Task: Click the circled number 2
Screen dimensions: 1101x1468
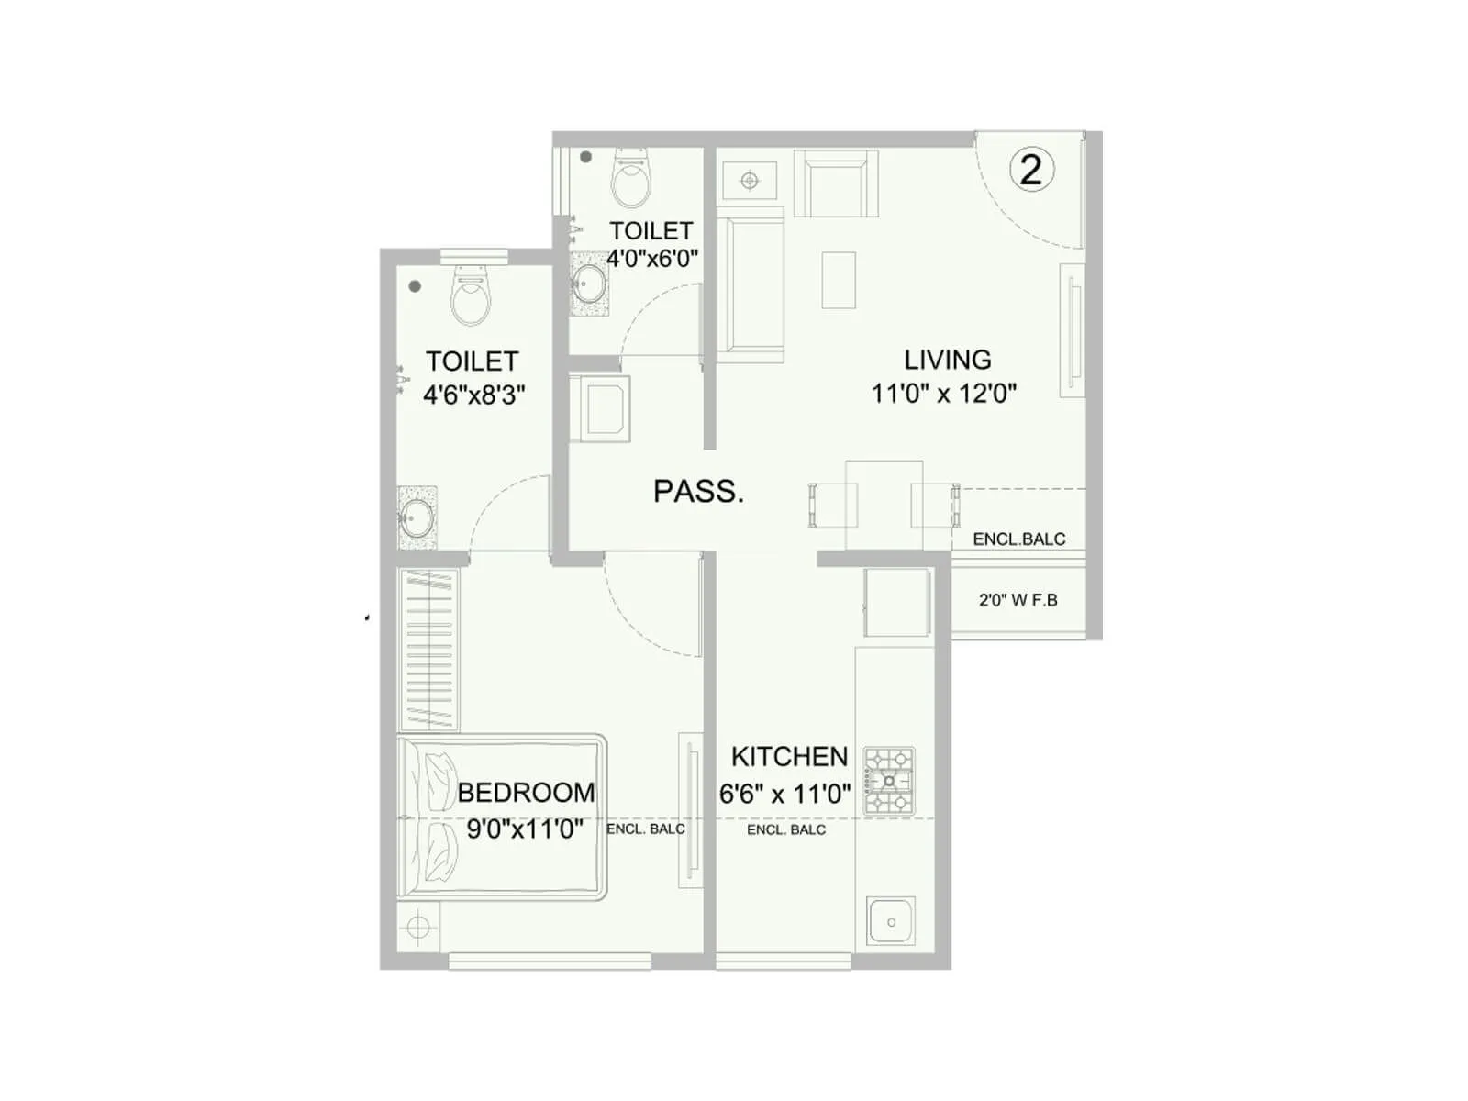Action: pos(1031,170)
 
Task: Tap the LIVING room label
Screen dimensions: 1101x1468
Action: pos(947,360)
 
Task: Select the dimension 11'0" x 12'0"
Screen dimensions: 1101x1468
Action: pos(943,394)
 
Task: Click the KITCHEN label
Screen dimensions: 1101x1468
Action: pos(789,757)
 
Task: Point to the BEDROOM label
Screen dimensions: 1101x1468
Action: pos(526,792)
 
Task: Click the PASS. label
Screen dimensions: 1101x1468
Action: pos(698,492)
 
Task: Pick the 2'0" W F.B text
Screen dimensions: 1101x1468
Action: pos(1018,600)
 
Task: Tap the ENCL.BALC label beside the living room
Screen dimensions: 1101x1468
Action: pos(1018,539)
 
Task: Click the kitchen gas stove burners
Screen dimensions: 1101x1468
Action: pos(889,781)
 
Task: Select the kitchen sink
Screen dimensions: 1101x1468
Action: pos(890,922)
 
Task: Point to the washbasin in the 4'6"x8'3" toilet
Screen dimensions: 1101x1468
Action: pos(417,519)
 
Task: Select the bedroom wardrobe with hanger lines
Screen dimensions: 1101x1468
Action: pos(428,650)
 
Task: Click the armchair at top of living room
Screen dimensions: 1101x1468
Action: pos(835,183)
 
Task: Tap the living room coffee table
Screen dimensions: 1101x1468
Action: pos(839,280)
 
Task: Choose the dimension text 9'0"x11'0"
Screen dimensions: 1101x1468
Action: pos(525,829)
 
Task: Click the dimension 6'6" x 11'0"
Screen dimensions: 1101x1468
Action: pos(784,794)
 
